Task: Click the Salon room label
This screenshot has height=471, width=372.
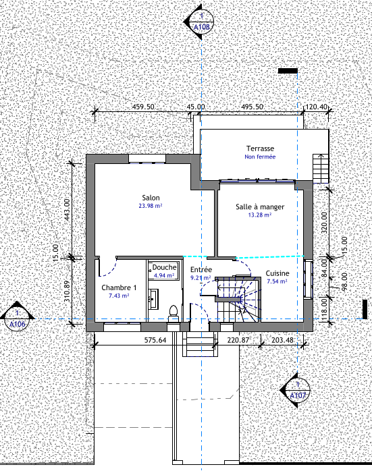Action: point(151,198)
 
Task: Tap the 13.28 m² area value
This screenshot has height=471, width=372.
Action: point(260,215)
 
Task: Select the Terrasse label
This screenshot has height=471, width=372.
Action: point(260,148)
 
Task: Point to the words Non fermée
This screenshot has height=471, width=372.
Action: point(260,157)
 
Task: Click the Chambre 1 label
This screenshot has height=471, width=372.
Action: point(119,287)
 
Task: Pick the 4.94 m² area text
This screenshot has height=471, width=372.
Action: point(164,275)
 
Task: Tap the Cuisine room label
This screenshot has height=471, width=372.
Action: point(277,273)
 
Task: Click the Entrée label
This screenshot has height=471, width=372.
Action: point(201,269)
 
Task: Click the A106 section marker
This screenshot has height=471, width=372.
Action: point(17,318)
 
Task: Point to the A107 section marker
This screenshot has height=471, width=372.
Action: point(296,391)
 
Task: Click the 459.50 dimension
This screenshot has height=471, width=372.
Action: point(143,107)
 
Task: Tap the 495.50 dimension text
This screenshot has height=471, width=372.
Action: point(252,107)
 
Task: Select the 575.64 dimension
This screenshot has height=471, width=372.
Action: point(155,340)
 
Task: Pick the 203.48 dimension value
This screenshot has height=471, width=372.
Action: point(282,340)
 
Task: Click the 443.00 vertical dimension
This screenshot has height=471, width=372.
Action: point(67,210)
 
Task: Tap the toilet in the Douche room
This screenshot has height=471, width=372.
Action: point(174,313)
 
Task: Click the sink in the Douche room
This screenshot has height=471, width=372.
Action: point(153,299)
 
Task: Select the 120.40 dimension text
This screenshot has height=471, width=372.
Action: point(316,107)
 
